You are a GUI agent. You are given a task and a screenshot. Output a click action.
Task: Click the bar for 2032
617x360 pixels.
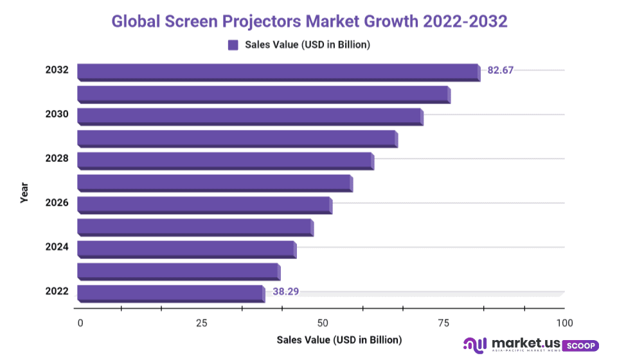click(x=278, y=72)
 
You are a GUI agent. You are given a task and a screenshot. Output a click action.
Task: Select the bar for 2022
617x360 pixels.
click(x=170, y=293)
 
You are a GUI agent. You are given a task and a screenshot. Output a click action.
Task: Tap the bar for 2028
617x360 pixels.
click(x=225, y=160)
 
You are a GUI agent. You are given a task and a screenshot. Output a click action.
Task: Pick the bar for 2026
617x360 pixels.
click(x=204, y=204)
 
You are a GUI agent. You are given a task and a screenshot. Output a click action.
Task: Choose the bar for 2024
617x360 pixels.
click(x=186, y=249)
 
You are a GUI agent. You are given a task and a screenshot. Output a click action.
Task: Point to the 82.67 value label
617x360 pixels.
click(x=501, y=70)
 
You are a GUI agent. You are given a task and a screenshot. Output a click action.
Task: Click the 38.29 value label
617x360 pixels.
click(x=285, y=291)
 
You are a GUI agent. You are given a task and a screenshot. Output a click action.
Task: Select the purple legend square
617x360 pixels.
click(x=233, y=45)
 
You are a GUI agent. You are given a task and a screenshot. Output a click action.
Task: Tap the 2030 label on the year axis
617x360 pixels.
click(x=57, y=114)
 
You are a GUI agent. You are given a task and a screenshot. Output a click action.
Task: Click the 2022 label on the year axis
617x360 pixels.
click(x=57, y=291)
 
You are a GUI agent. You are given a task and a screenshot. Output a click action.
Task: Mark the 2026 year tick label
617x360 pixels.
click(x=57, y=203)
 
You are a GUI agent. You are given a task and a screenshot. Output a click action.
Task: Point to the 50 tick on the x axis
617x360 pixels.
click(x=323, y=322)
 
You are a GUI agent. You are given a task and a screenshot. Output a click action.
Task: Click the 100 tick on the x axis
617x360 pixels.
click(x=564, y=322)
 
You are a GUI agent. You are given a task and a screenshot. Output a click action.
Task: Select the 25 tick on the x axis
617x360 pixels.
click(x=201, y=322)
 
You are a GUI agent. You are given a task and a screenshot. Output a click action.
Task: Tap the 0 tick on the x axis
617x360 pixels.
click(x=80, y=322)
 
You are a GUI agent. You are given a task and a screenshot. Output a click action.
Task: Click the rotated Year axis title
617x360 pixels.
click(x=24, y=193)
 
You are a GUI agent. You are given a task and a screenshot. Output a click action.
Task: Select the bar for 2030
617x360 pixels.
click(x=250, y=116)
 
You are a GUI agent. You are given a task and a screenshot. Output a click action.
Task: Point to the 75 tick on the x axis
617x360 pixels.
click(x=443, y=322)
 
